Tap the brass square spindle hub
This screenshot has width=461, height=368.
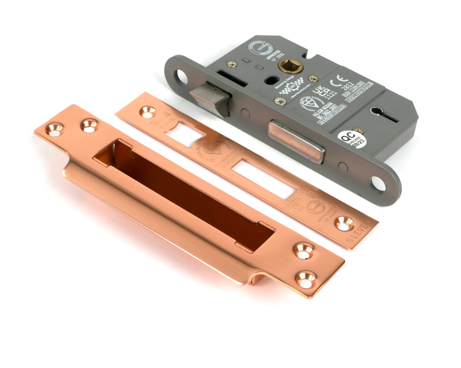290,66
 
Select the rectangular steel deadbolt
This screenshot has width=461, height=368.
296,141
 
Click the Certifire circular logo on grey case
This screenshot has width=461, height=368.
260,48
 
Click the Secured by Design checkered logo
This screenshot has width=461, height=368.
292,88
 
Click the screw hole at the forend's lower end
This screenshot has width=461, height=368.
378,184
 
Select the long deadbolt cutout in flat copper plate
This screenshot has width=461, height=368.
264,178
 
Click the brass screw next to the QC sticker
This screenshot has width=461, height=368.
357,131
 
